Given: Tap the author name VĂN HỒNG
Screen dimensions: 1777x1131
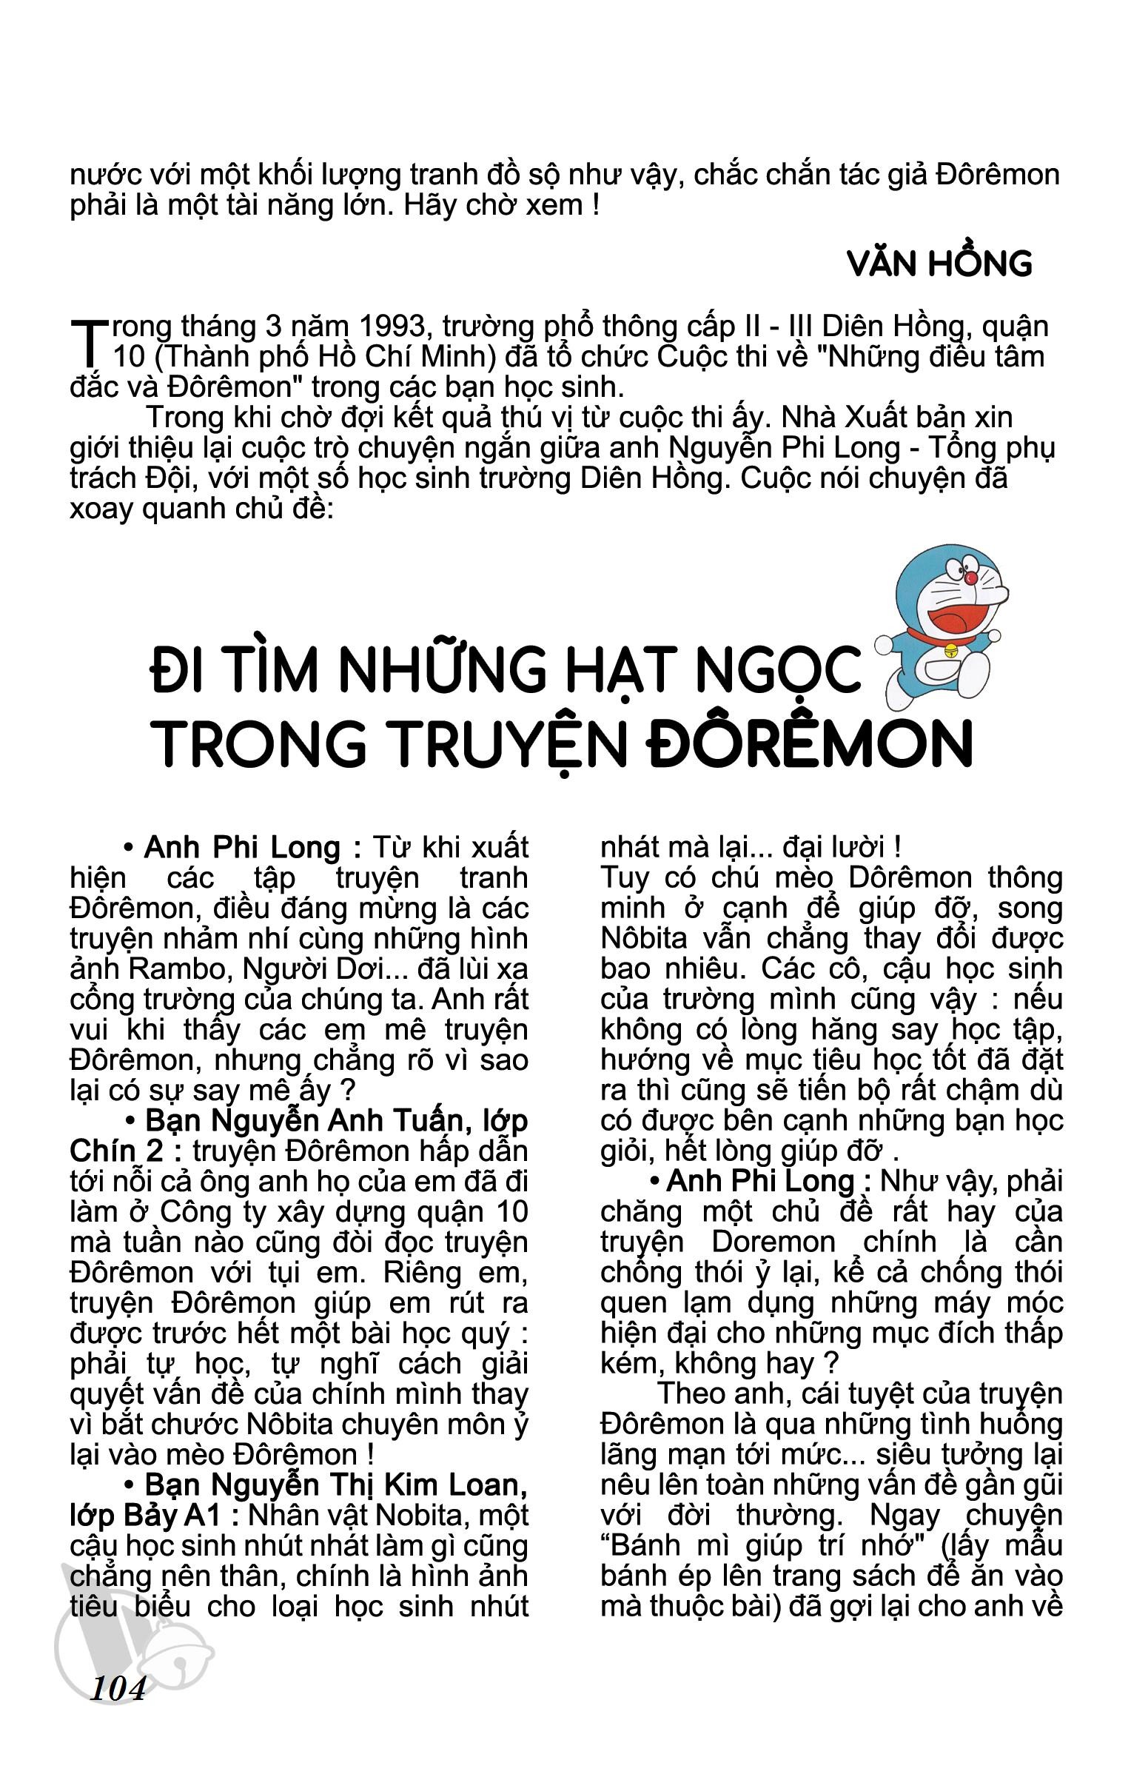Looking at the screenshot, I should coord(939,264).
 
